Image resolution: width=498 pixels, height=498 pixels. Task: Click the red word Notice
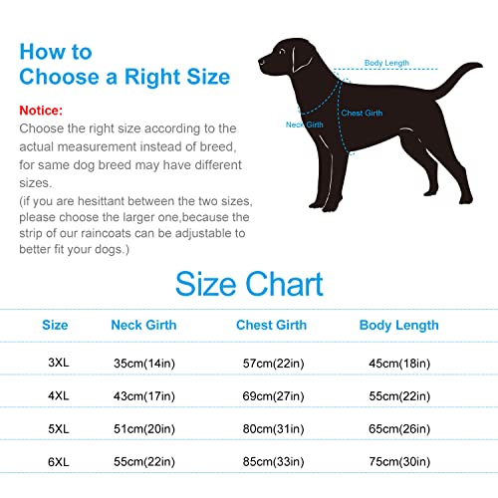[x=41, y=111]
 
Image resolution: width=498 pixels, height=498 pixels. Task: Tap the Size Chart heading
[x=249, y=284]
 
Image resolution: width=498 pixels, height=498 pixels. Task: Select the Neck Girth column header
[x=143, y=325]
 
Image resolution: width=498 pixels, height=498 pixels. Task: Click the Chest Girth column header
[x=271, y=325]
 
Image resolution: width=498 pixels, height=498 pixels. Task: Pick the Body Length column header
[x=399, y=326]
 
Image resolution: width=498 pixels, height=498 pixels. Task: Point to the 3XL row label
[x=59, y=363]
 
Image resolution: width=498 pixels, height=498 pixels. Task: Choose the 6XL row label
[x=59, y=462]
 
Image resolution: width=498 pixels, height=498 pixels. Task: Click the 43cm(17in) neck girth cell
[x=144, y=396]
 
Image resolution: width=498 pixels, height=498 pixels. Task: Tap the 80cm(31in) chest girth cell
[x=273, y=429]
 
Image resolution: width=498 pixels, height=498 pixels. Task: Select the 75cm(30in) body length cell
[x=399, y=462]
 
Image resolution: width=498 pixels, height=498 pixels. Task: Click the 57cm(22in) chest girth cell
[x=273, y=364]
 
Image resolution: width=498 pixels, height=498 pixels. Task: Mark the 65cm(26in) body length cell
[x=399, y=429]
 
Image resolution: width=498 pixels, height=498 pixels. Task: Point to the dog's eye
[x=282, y=52]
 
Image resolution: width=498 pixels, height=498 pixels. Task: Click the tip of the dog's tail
[x=481, y=65]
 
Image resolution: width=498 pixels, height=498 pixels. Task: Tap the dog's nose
[x=261, y=61]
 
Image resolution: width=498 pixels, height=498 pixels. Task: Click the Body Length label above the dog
[x=386, y=63]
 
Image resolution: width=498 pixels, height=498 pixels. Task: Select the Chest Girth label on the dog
[x=362, y=113]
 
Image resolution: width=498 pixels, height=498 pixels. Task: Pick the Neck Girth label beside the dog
[x=305, y=124]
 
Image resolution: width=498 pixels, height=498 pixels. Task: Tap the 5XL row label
[x=59, y=429]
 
